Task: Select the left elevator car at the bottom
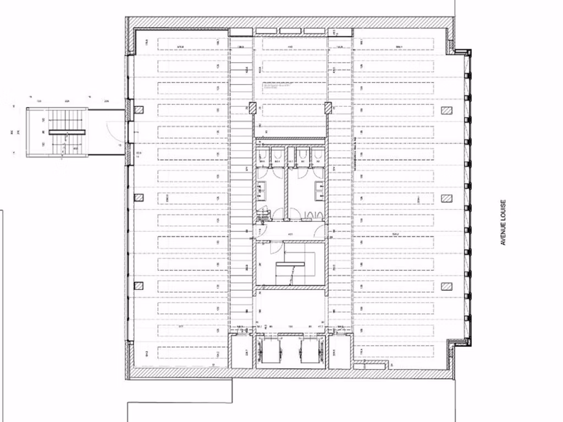click(x=269, y=350)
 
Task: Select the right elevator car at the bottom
click(x=310, y=350)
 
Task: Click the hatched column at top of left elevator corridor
click(x=253, y=108)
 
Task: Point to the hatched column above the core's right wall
click(x=328, y=108)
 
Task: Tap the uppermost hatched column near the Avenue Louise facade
click(x=446, y=110)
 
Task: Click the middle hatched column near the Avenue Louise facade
click(x=446, y=198)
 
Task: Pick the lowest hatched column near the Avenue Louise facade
click(x=446, y=286)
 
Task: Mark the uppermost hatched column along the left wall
click(x=139, y=110)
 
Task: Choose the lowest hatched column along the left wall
click(x=139, y=286)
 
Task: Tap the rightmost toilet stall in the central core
click(x=317, y=157)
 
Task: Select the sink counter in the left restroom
click(x=260, y=190)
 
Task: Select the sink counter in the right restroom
click(x=320, y=190)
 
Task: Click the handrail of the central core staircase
click(x=290, y=264)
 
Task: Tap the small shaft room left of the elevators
click(x=241, y=352)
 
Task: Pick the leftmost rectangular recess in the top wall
click(x=240, y=31)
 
